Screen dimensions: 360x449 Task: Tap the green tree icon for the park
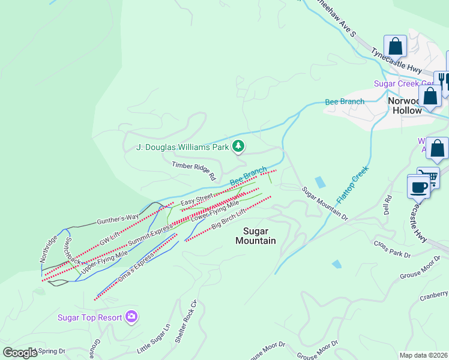[239, 146]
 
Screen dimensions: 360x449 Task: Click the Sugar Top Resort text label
[90, 317]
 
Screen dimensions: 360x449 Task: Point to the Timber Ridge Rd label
[193, 171]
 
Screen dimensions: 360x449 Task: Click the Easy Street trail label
[197, 199]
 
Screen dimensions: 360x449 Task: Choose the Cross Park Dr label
[391, 250]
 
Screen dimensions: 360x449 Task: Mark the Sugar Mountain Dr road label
[325, 203]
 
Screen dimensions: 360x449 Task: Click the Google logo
[20, 353]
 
